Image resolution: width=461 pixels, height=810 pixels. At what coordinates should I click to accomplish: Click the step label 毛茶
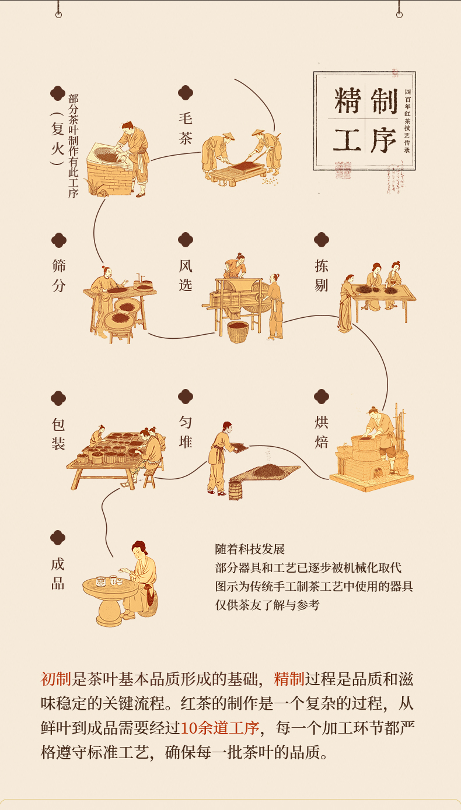click(x=186, y=128)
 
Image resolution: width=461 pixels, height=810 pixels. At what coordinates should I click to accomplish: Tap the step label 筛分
click(x=58, y=275)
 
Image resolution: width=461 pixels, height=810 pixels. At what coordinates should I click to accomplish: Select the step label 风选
click(x=186, y=275)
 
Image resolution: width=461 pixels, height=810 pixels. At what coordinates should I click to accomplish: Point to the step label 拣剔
click(x=322, y=275)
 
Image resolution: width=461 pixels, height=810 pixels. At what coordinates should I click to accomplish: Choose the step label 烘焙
click(x=322, y=432)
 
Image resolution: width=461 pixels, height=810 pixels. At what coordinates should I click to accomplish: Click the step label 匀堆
click(x=186, y=432)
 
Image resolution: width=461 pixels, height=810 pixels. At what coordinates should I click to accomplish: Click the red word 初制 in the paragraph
click(x=56, y=679)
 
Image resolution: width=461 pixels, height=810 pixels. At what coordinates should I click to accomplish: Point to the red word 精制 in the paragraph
click(x=289, y=679)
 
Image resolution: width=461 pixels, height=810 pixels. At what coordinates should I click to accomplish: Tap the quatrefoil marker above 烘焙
click(x=322, y=397)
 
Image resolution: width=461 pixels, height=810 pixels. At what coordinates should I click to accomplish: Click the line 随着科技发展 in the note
click(x=250, y=549)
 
